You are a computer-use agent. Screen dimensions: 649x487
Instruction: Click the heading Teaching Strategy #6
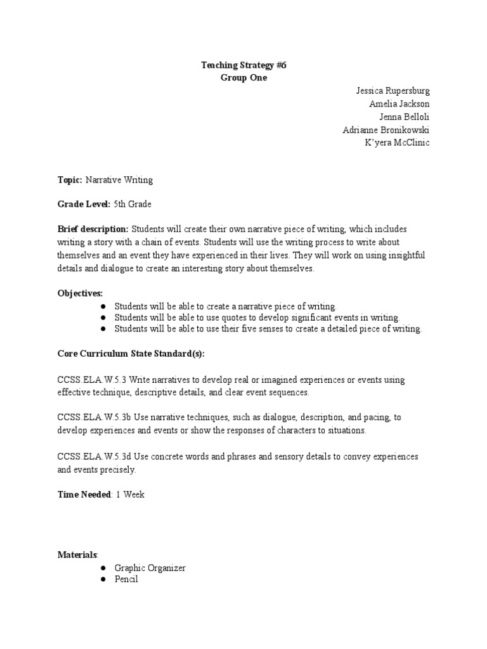(x=243, y=65)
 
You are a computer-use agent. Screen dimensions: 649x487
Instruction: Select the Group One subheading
(x=243, y=78)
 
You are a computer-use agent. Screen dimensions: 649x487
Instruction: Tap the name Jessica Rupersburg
(x=392, y=91)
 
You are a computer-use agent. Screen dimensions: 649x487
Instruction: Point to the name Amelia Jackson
(x=399, y=103)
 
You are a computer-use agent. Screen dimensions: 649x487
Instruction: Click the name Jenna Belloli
(x=404, y=117)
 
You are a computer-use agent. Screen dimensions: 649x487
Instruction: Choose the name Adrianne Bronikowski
(x=386, y=129)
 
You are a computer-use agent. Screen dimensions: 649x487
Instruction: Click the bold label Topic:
(x=70, y=180)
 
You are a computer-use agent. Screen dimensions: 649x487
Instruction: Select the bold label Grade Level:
(x=84, y=204)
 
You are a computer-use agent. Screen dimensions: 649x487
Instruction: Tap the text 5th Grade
(x=133, y=204)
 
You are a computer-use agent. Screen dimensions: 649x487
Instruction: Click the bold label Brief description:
(x=93, y=229)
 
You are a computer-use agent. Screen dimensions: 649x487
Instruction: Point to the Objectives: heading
(x=80, y=292)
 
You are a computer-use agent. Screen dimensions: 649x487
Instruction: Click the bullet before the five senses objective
(x=103, y=329)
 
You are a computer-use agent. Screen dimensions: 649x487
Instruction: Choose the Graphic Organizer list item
(x=150, y=568)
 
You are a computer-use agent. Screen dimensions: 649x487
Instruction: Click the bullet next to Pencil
(x=103, y=579)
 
